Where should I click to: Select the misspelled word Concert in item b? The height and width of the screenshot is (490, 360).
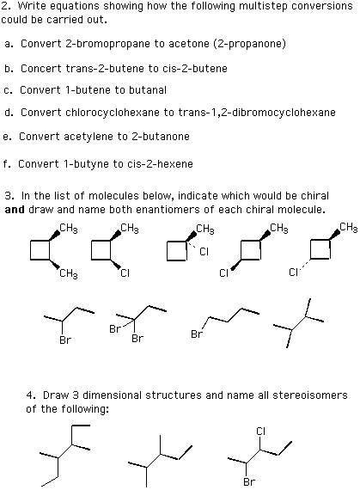point(41,69)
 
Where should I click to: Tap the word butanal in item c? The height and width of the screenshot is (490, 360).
point(148,90)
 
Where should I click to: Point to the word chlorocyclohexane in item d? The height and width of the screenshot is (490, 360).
point(112,113)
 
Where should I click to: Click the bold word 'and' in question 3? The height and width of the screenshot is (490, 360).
point(15,210)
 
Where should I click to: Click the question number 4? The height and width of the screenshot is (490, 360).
point(30,395)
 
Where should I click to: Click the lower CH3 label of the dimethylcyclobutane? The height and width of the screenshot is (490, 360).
point(69,274)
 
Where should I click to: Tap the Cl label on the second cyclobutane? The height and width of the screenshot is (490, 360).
point(125,273)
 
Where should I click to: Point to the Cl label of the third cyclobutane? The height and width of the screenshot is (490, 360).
point(204,252)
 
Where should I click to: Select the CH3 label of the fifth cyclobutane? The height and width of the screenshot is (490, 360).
point(349,228)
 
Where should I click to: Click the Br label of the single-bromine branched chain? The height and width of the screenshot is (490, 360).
point(65,340)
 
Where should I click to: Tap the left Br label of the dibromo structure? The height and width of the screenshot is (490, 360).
point(114,329)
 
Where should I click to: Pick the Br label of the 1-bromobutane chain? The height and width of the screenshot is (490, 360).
point(197,334)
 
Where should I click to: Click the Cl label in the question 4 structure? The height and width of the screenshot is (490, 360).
point(260,432)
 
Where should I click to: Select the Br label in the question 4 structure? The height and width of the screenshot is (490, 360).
point(249,481)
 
